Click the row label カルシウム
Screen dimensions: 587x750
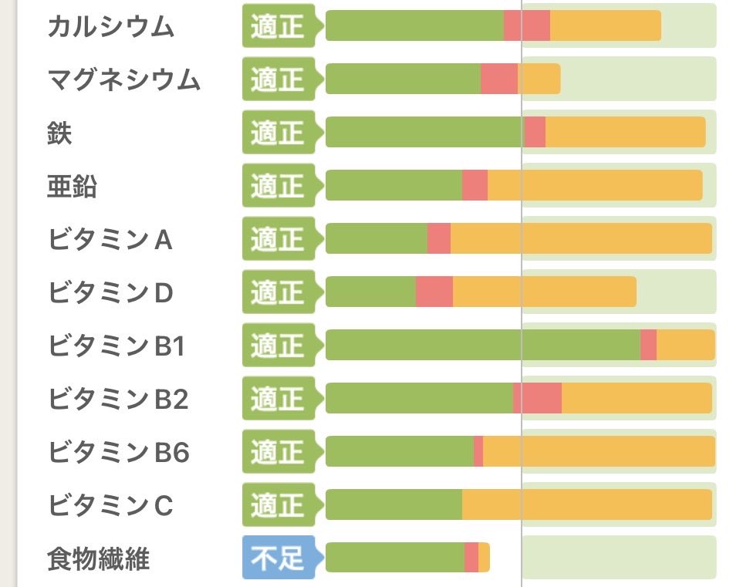tap(110, 26)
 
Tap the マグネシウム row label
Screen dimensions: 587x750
tap(123, 79)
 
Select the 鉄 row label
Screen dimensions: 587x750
tap(59, 133)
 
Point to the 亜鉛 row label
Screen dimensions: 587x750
tap(72, 186)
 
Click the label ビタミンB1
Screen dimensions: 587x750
tap(117, 346)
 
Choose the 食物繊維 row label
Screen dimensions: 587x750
tap(98, 558)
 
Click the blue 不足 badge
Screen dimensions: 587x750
tap(278, 558)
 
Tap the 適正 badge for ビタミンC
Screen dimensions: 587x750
tap(278, 505)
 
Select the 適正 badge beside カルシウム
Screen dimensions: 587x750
tap(278, 26)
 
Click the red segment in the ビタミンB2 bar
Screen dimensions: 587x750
tap(538, 399)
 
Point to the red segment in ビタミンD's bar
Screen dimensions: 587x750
tap(434, 292)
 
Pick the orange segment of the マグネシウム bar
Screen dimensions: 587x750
tap(539, 79)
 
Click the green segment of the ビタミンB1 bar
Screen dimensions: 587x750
tap(482, 345)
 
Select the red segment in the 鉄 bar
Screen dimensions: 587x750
tap(535, 133)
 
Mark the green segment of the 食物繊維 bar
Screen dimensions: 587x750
tap(394, 558)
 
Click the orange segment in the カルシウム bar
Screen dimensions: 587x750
tap(605, 26)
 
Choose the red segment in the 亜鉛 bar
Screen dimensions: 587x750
tap(475, 186)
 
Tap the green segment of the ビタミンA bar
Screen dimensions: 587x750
tap(377, 239)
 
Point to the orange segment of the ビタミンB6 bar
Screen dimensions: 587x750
tap(599, 452)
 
